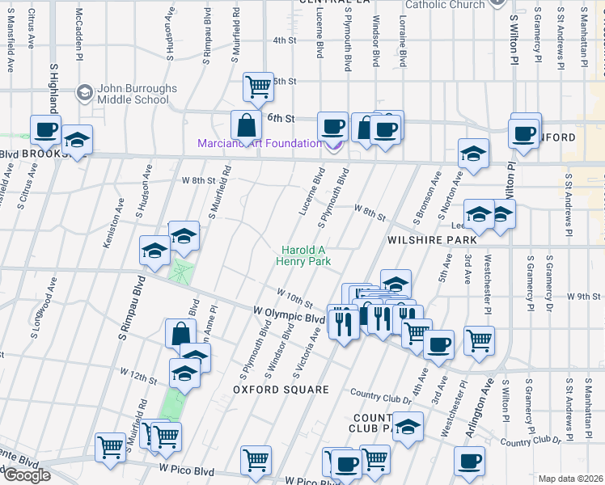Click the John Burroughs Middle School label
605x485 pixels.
pyautogui.click(x=133, y=95)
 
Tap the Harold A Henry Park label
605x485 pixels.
pyautogui.click(x=306, y=255)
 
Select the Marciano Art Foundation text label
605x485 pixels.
pyautogui.click(x=259, y=144)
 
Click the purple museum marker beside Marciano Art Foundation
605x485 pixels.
pyautogui.click(x=332, y=145)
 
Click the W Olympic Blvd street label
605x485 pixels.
pyautogui.click(x=289, y=315)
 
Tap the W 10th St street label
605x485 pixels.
pyautogui.click(x=294, y=297)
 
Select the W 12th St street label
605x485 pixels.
pyautogui.click(x=138, y=374)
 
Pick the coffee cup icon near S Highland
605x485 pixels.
pyautogui.click(x=46, y=129)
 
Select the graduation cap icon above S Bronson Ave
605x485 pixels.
pyautogui.click(x=473, y=153)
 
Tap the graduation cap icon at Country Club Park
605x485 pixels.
pyautogui.click(x=408, y=426)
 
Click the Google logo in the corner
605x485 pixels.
pyautogui.click(x=26, y=474)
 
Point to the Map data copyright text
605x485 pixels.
pyautogui.click(x=571, y=479)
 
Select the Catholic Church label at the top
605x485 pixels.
pyautogui.click(x=445, y=5)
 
